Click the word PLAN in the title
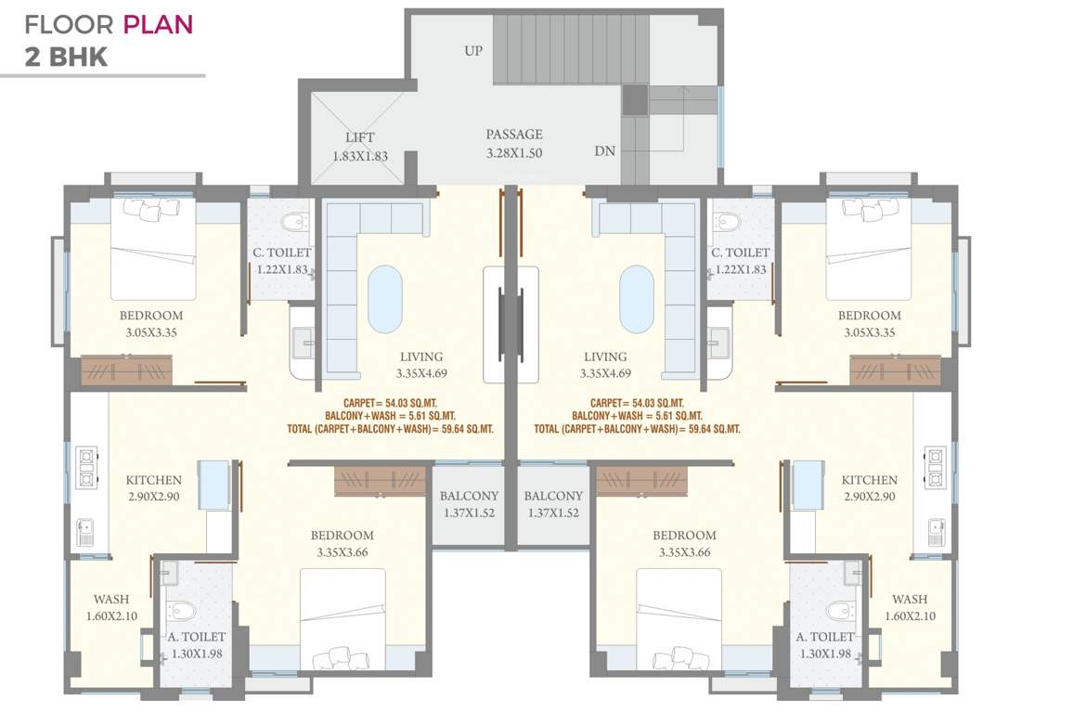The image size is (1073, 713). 159,24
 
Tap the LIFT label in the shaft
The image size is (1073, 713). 360,138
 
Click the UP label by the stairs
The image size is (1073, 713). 473,51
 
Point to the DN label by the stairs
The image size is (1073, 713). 605,150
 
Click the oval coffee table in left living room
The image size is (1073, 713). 385,299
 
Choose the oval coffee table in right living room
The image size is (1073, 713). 637,299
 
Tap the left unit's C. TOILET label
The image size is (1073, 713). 282,253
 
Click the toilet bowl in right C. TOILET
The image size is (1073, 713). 727,222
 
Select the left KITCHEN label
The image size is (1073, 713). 154,480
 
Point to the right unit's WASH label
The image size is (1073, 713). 910,599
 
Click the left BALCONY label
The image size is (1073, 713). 469,496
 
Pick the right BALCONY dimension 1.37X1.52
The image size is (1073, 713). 553,512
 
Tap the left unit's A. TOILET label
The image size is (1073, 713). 197,637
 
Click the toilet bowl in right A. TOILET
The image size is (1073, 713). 836,610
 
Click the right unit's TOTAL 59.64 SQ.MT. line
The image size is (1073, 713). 637,429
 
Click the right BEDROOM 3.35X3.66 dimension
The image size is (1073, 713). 684,551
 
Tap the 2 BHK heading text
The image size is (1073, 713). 66,58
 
